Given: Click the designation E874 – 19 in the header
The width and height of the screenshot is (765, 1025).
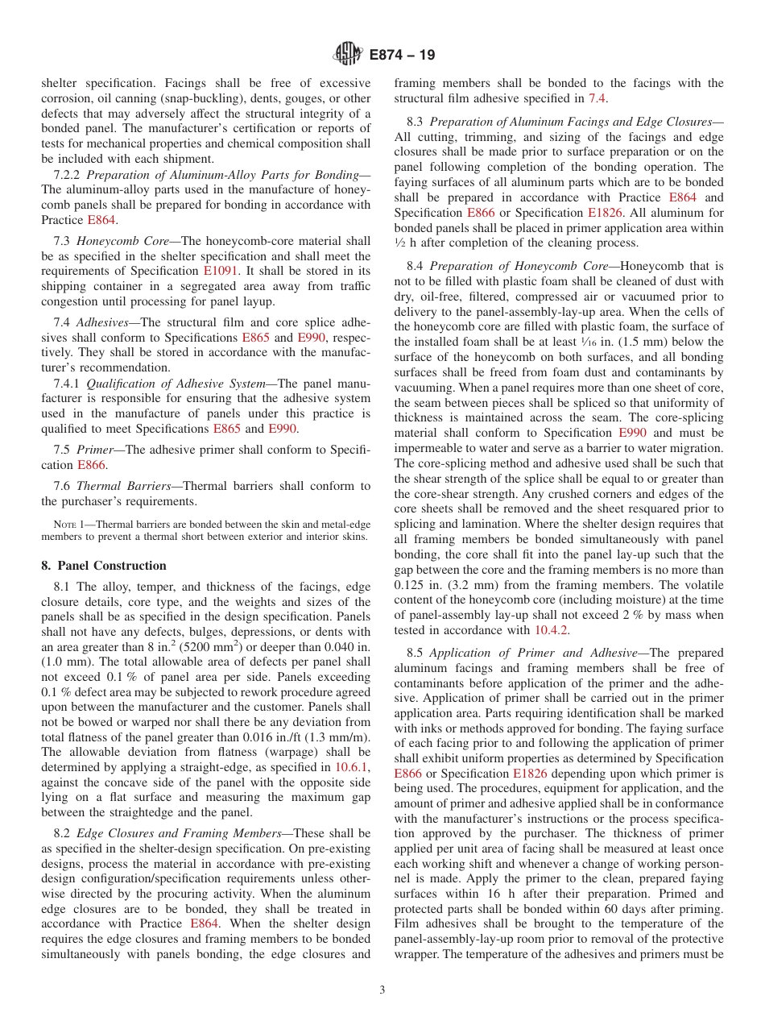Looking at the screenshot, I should [x=402, y=55].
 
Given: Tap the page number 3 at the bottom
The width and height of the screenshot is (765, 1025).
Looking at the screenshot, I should [x=382, y=990].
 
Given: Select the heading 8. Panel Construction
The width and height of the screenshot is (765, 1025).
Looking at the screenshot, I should [x=104, y=565].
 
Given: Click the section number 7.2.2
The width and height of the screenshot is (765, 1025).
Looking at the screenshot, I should [x=67, y=175].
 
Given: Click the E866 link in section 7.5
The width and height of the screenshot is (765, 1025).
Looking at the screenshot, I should [x=91, y=465].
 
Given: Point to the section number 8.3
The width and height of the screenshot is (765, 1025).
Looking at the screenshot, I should [x=416, y=122].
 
